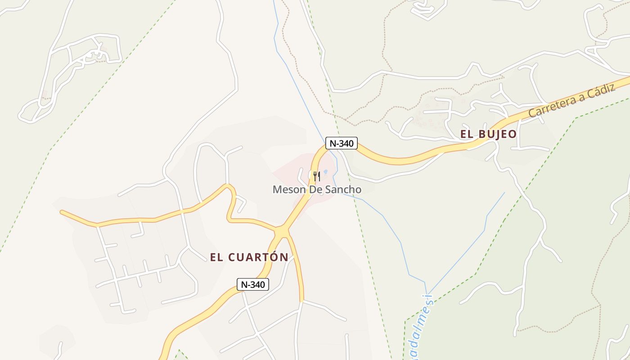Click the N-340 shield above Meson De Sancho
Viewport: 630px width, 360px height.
tap(342, 144)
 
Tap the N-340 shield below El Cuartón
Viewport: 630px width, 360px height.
tap(253, 284)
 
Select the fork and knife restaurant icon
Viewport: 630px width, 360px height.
tap(317, 176)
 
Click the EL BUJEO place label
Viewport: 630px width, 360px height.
tap(488, 134)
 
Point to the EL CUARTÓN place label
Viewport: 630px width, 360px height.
tap(249, 257)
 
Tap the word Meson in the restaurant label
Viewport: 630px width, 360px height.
tap(289, 189)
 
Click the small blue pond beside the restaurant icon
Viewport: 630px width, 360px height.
tap(325, 172)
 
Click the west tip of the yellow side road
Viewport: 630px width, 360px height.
tap(62, 211)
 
